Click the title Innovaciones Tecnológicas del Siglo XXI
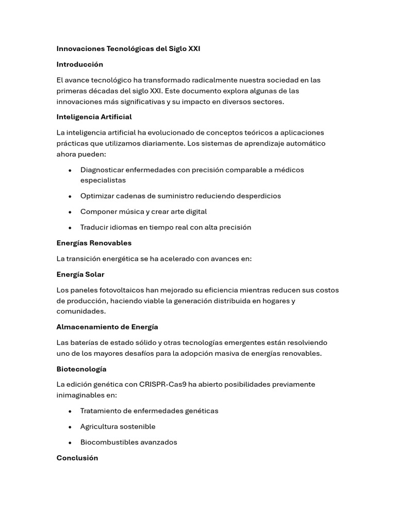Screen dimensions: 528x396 pyautogui.click(x=128, y=49)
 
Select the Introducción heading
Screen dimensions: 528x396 pyautogui.click(x=80, y=64)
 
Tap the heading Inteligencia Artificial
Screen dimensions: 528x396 pyautogui.click(x=94, y=117)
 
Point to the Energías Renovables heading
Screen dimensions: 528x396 pyautogui.click(x=94, y=243)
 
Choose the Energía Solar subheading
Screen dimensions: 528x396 pyautogui.click(x=80, y=274)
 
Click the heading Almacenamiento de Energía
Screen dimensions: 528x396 pyautogui.click(x=107, y=327)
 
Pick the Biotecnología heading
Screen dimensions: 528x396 pyautogui.click(x=81, y=369)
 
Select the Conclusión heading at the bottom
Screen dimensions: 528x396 pyautogui.click(x=77, y=458)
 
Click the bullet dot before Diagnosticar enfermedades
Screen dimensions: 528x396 pyautogui.click(x=70, y=170)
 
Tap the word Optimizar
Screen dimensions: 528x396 pyautogui.click(x=96, y=196)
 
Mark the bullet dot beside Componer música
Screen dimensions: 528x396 pyautogui.click(x=70, y=212)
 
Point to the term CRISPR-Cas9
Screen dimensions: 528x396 pyautogui.click(x=162, y=385)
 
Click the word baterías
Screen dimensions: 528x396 pyautogui.click(x=86, y=343)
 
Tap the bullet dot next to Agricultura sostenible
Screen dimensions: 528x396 pyautogui.click(x=70, y=427)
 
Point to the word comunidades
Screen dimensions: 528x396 pyautogui.click(x=81, y=311)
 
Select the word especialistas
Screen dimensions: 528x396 pyautogui.click(x=103, y=180)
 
